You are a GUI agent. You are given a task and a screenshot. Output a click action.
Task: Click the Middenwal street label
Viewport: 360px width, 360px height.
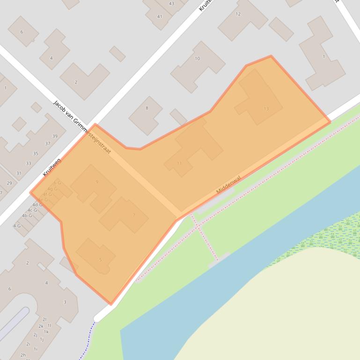click(x=228, y=185)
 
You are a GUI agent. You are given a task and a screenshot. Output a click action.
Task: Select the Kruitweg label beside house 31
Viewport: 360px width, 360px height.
click(x=52, y=167)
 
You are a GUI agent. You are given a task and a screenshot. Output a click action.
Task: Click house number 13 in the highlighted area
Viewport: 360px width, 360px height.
click(x=266, y=108)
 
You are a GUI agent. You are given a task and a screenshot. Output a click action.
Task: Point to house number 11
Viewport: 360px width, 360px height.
click(x=179, y=163)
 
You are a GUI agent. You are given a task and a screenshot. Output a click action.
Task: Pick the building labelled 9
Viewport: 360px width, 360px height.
click(x=97, y=182)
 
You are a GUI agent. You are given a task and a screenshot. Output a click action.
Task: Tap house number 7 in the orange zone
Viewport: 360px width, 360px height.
click(x=134, y=215)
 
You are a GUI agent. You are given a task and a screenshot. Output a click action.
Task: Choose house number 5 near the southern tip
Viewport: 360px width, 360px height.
click(x=100, y=260)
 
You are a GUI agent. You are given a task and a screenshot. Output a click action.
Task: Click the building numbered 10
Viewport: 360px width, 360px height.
click(x=197, y=58)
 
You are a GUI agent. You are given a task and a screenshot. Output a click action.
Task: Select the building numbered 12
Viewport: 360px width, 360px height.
click(x=238, y=14)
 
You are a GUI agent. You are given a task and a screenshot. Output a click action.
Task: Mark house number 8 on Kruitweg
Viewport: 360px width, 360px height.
click(x=147, y=108)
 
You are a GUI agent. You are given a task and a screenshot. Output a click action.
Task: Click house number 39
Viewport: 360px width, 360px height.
click(x=55, y=136)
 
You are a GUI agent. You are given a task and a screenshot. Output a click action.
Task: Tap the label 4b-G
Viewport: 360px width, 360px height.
click(x=27, y=216)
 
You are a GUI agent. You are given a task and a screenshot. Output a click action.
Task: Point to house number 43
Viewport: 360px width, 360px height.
click(x=171, y=3)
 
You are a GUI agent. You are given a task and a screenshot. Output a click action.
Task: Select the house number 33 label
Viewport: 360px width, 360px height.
click(x=29, y=163)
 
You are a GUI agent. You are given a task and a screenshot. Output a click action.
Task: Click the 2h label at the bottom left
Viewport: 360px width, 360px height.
click(x=23, y=355)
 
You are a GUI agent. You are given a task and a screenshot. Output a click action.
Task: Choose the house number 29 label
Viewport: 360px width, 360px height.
click(x=9, y=183)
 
